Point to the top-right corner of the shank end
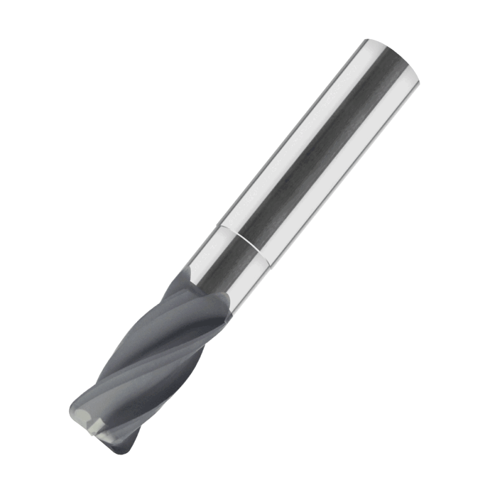pos(420,77)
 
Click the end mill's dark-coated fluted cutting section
pos(153,361)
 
